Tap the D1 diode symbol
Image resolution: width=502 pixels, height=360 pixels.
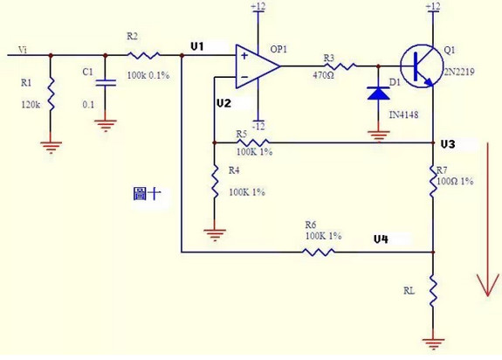378,93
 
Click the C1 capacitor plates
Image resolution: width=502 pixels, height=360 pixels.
106,83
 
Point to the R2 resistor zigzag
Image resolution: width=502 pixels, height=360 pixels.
143,55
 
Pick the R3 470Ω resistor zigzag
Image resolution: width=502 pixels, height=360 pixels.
340,66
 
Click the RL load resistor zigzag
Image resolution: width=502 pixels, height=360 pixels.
433,292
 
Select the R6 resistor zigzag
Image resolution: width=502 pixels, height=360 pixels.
319,252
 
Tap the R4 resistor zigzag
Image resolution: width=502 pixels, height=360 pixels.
215,182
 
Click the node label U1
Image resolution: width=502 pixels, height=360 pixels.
197,47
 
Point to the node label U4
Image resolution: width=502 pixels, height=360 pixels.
381,239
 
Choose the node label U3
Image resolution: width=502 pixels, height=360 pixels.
448,144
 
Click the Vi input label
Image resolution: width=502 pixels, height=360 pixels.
23,50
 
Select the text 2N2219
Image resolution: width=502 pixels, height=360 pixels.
458,72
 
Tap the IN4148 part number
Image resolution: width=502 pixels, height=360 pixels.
403,114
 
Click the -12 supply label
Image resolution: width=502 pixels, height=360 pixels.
258,126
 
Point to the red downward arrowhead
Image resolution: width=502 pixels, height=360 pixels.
488,284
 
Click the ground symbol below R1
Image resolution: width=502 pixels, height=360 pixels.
51,148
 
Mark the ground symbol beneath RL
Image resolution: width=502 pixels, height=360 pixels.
433,343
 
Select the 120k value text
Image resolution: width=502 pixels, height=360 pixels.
31,104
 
